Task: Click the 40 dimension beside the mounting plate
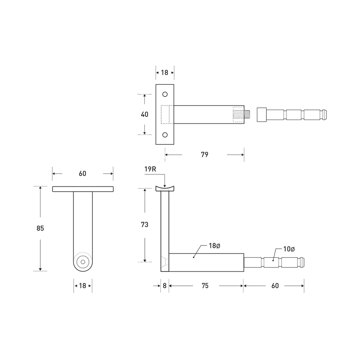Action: pyautogui.click(x=144, y=114)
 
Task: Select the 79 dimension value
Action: pyautogui.click(x=204, y=155)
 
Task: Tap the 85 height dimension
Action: pyautogui.click(x=40, y=228)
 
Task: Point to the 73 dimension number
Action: pyautogui.click(x=144, y=225)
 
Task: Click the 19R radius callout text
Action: pyautogui.click(x=150, y=169)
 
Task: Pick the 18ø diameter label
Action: pyautogui.click(x=214, y=246)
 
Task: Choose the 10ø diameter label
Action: pyautogui.click(x=289, y=249)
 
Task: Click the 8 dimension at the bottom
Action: pyautogui.click(x=164, y=286)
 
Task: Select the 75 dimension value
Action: pyautogui.click(x=204, y=286)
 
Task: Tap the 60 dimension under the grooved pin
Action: pyautogui.click(x=275, y=286)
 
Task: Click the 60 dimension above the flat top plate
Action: pyautogui.click(x=82, y=174)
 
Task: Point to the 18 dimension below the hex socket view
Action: pyautogui.click(x=82, y=286)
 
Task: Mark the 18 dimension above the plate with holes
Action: pyautogui.click(x=164, y=72)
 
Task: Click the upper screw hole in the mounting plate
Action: pyautogui.click(x=165, y=94)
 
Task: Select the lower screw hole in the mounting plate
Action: pyautogui.click(x=165, y=135)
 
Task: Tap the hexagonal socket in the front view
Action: pyautogui.click(x=83, y=262)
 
